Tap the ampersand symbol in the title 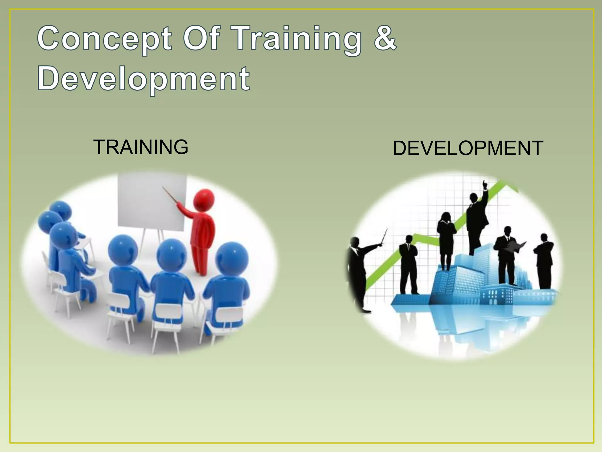pyautogui.click(x=385, y=38)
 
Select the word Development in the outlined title pyautogui.click(x=143, y=79)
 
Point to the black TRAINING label pyautogui.click(x=141, y=147)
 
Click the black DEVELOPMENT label pyautogui.click(x=467, y=148)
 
